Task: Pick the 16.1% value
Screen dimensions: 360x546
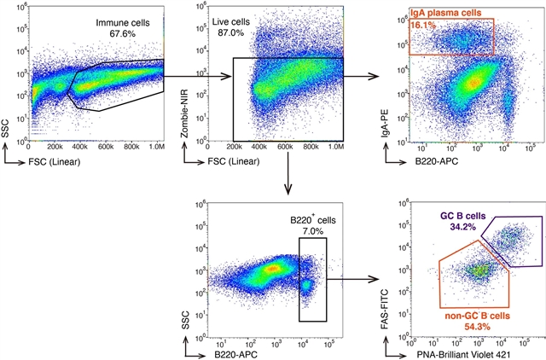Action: click(424, 26)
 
